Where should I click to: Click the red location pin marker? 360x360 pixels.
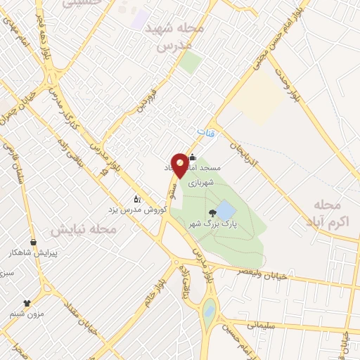click(x=181, y=165)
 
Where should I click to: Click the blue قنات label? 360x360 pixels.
click(x=204, y=132)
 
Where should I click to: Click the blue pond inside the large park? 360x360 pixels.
click(x=226, y=210)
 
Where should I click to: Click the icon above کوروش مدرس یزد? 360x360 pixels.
click(x=137, y=199)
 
